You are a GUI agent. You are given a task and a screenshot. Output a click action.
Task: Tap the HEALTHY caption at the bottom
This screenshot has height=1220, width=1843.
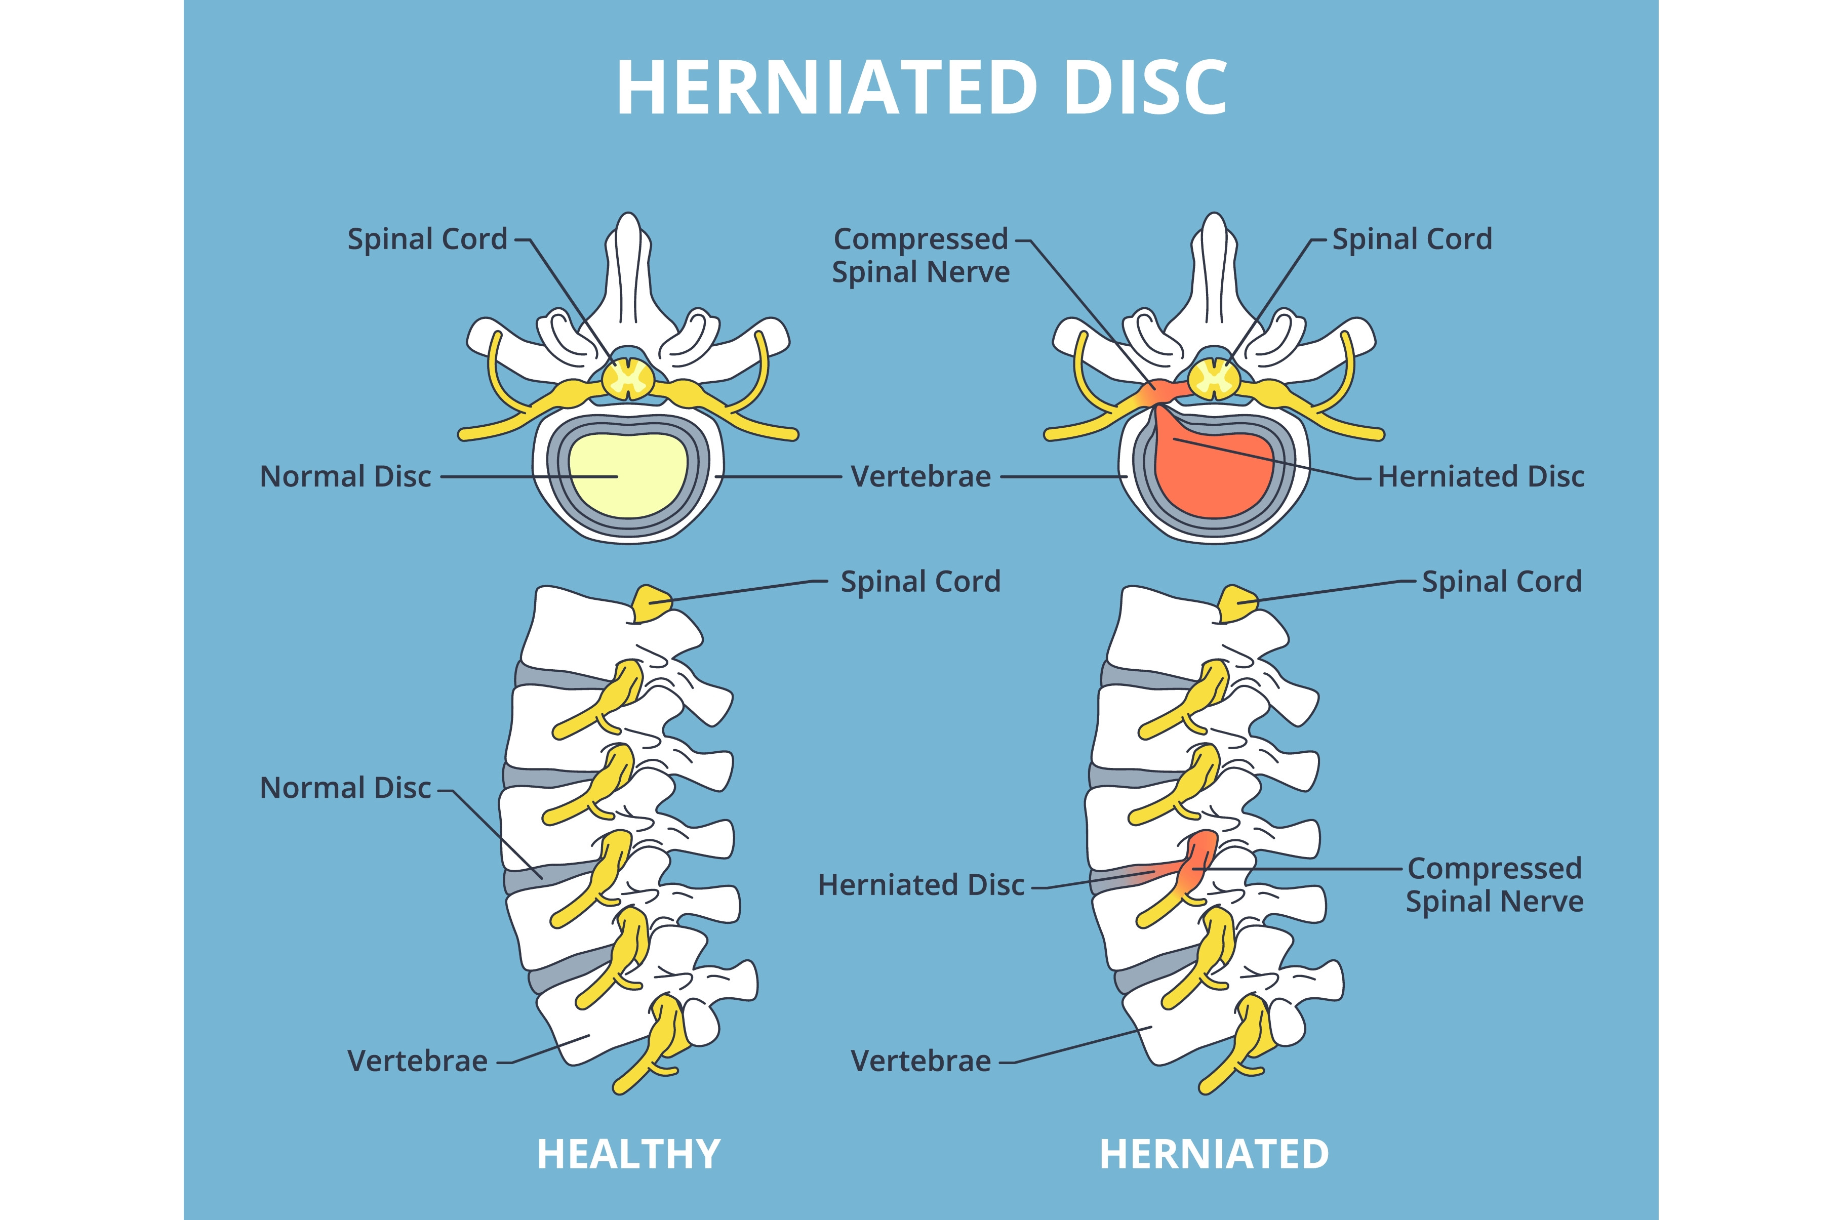pos(629,1154)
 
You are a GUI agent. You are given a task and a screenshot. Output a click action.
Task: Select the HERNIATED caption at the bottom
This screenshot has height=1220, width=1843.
pos(1214,1154)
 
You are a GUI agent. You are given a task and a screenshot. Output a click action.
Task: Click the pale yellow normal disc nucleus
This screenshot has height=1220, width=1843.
pos(629,475)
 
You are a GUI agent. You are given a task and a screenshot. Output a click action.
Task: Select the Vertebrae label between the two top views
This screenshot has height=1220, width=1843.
pos(921,476)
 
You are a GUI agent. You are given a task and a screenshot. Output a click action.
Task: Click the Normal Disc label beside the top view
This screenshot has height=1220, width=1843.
pos(345,476)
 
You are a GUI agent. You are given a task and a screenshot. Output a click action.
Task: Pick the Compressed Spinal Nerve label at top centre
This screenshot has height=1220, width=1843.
pos(921,255)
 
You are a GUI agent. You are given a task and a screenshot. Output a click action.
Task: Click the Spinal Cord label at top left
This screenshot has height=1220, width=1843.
pos(427,239)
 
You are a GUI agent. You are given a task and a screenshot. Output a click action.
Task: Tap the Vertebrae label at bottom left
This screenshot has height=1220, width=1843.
pos(418,1061)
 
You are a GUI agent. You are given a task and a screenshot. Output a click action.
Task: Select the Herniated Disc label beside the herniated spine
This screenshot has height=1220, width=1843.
pos(921,885)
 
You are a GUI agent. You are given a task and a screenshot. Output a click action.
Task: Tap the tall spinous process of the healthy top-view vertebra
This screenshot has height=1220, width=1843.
pos(629,272)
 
